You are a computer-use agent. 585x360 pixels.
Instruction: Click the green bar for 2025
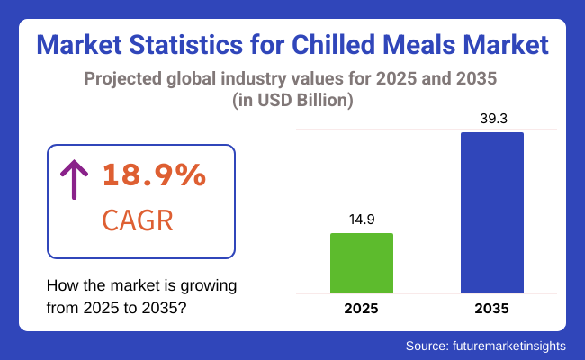pos(362,263)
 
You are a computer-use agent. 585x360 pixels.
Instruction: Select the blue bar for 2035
pos(491,212)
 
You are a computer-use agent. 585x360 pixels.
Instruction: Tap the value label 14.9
pos(362,219)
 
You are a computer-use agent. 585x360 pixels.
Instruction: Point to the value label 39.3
pos(491,119)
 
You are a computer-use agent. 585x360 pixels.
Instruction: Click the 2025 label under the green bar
pos(362,309)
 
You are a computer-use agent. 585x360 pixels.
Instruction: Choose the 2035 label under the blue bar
pos(491,309)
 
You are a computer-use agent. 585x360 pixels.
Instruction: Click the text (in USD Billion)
pos(292,101)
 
